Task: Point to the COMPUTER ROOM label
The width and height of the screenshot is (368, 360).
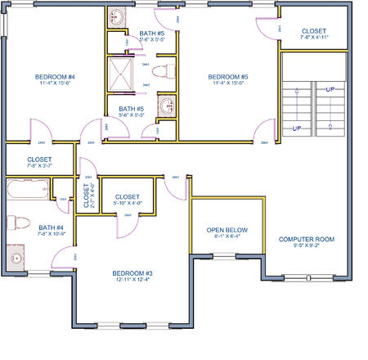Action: tap(307, 240)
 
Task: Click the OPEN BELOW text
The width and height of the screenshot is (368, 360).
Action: tap(227, 231)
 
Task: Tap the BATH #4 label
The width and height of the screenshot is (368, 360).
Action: tap(51, 227)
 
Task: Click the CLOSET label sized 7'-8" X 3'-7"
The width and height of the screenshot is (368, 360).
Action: tap(39, 160)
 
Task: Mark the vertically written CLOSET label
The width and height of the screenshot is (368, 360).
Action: tap(87, 196)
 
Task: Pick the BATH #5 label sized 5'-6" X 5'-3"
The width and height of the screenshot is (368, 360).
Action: tap(132, 108)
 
